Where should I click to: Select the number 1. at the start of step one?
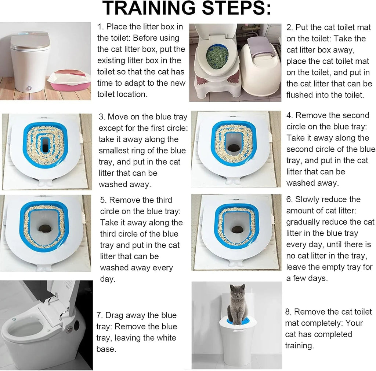point(101,27)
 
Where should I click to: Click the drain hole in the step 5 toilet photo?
point(45,228)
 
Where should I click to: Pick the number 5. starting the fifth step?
point(104,200)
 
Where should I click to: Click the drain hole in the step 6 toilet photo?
point(236,230)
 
